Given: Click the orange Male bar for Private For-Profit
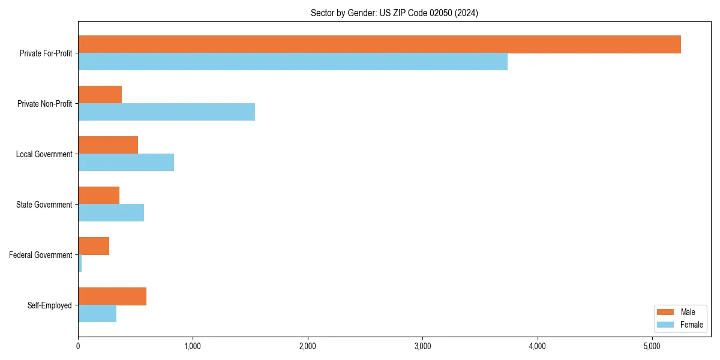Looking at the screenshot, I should pos(379,44).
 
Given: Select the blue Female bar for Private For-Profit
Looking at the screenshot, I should pos(293,62).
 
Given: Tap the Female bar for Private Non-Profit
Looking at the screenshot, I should pos(166,112).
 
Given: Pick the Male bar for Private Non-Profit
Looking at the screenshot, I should pos(100,95).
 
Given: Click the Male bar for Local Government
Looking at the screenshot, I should pos(108,145).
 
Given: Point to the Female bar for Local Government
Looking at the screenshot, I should pos(126,163).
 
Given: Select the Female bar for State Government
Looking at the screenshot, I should pos(111,213).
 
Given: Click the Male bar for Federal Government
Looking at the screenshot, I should pos(94,246).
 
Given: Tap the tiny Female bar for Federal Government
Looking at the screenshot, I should pos(80,263).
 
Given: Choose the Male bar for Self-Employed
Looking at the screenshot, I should pos(112,296).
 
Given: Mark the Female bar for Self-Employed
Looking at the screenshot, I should pos(97,314).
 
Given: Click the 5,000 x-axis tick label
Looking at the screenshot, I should pos(652,346).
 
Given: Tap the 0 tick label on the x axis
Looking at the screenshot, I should pos(78,346).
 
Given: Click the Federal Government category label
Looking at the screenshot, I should pos(41,255).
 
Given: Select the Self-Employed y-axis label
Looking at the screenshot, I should pos(50,305).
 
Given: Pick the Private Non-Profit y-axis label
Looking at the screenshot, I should pos(44,104).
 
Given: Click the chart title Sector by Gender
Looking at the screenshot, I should pos(394,13).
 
